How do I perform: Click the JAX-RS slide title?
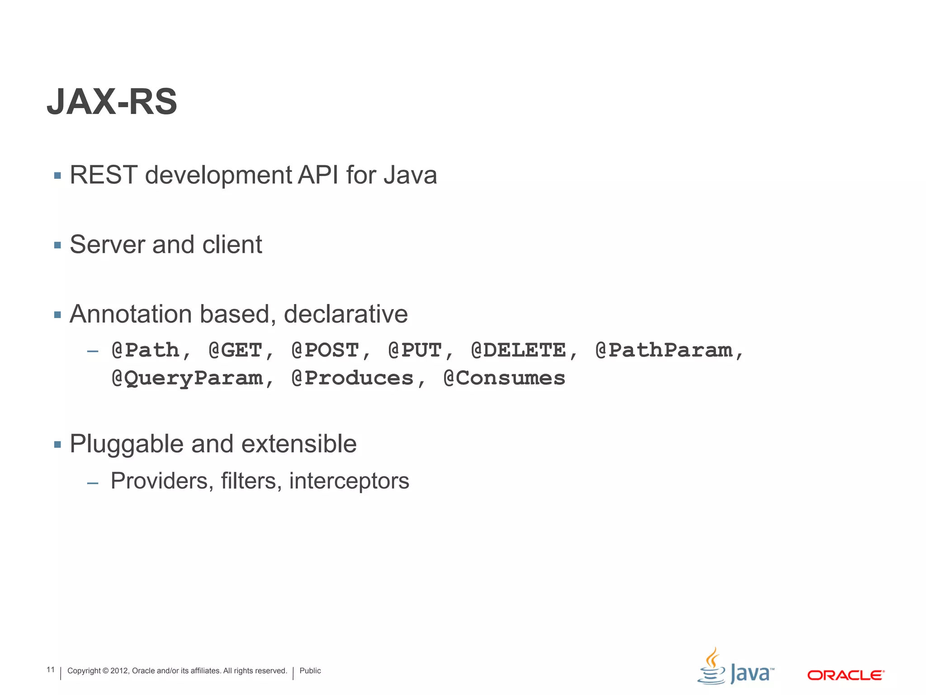click(112, 102)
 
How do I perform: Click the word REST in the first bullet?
click(104, 175)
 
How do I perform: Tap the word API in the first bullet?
click(318, 175)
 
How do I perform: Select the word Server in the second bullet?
click(107, 245)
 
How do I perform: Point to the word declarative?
click(345, 314)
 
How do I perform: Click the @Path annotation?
click(146, 350)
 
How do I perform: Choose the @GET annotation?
click(236, 350)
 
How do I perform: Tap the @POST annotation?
click(326, 350)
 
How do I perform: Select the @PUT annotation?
click(415, 350)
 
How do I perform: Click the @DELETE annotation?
click(518, 350)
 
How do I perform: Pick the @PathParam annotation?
click(664, 350)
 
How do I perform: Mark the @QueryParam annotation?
click(187, 378)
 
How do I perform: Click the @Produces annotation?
click(353, 378)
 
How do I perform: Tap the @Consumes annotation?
click(504, 378)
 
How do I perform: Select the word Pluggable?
click(126, 444)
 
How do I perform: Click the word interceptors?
click(349, 481)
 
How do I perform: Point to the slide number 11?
click(51, 670)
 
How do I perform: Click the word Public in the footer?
click(310, 671)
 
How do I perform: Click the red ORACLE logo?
click(846, 675)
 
